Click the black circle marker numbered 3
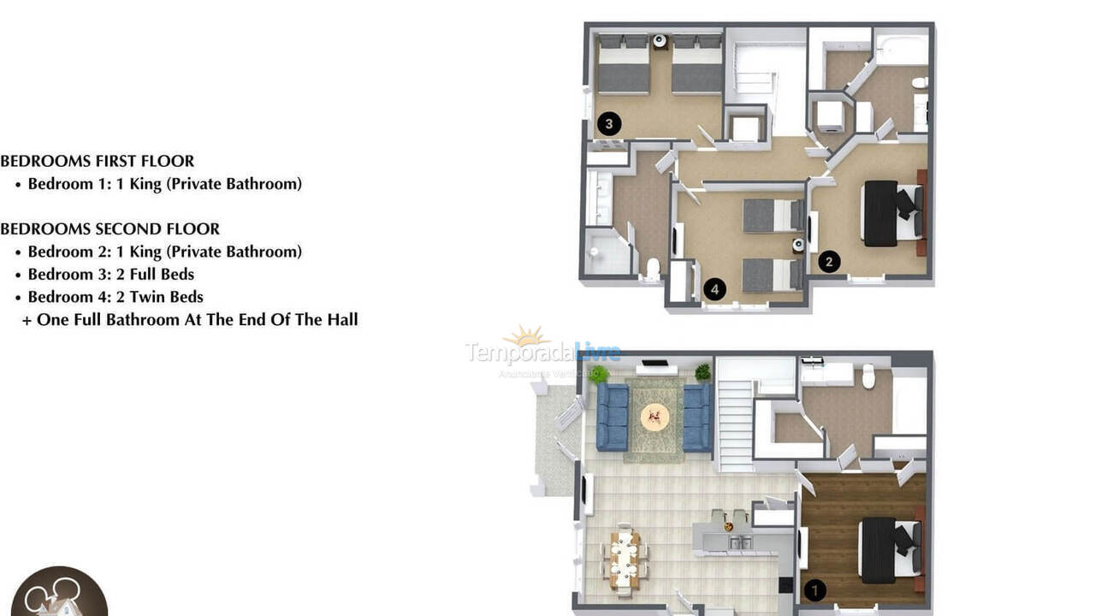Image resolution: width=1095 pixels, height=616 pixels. [x=609, y=124]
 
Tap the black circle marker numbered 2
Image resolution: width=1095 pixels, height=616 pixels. [x=828, y=262]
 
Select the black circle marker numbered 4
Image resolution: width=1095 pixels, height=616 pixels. [x=714, y=290]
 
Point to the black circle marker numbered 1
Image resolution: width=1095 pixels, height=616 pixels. [x=815, y=589]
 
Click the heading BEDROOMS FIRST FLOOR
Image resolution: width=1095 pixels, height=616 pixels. [x=98, y=161]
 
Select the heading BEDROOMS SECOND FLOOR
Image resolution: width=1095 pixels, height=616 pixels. [x=110, y=229]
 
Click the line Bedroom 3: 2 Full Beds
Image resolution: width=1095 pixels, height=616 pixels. [x=110, y=275]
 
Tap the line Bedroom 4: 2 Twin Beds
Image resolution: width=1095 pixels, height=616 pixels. [x=115, y=297]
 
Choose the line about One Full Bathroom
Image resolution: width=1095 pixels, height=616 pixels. [x=190, y=320]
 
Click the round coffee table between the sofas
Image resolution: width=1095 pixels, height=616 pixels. [x=655, y=417]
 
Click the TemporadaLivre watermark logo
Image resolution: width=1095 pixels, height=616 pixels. [x=542, y=351]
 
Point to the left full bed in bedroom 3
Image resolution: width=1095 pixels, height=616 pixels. [x=623, y=66]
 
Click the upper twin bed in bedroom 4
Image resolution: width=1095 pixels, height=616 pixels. [x=772, y=216]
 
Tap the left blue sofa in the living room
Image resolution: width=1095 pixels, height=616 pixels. [x=612, y=417]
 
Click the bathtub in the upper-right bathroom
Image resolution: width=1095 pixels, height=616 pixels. [x=901, y=50]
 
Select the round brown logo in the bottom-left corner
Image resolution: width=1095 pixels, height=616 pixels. [x=59, y=595]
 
